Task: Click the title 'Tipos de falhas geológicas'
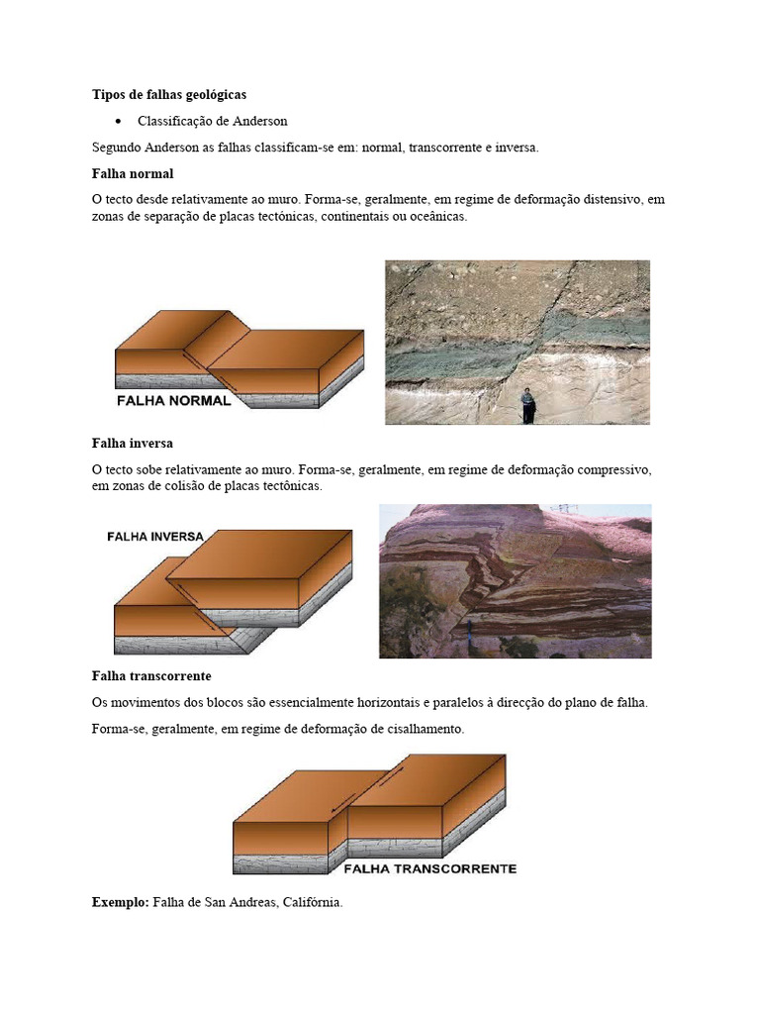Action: pyautogui.click(x=168, y=95)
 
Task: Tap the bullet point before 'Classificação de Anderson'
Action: pyautogui.click(x=118, y=122)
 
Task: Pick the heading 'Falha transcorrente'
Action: pyautogui.click(x=150, y=676)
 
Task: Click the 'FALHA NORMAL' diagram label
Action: pyautogui.click(x=173, y=401)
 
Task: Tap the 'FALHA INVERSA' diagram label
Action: pyautogui.click(x=154, y=536)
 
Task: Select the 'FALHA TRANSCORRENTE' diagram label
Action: pyautogui.click(x=429, y=869)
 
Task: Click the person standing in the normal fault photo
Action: pyautogui.click(x=528, y=405)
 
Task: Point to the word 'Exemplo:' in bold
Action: pyautogui.click(x=120, y=903)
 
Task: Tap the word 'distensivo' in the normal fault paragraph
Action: pyautogui.click(x=604, y=199)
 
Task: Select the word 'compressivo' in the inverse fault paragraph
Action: pyautogui.click(x=614, y=468)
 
